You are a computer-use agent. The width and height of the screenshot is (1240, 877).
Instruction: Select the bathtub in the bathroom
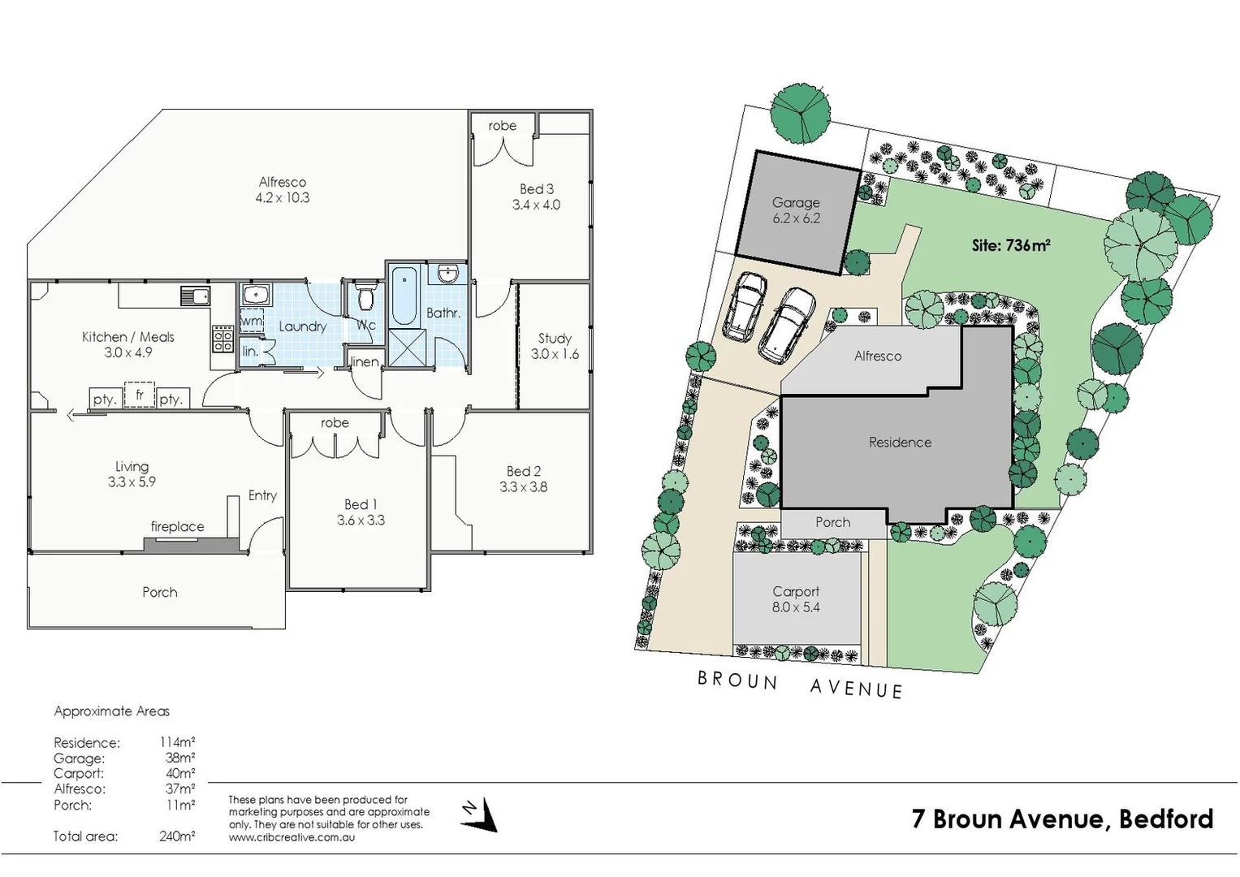402,296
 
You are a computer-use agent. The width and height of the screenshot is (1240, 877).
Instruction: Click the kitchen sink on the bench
195,296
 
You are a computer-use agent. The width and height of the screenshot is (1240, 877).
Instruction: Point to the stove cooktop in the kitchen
223,338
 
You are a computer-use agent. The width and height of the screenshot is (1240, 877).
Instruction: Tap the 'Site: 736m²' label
1011,244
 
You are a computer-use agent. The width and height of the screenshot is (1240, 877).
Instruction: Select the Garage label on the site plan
796,203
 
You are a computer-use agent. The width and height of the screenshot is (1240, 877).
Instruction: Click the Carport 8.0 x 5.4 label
796,599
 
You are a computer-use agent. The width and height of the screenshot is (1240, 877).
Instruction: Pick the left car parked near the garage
745,305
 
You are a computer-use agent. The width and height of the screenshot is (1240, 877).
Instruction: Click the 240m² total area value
177,836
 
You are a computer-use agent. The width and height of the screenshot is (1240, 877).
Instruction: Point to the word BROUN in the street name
737,680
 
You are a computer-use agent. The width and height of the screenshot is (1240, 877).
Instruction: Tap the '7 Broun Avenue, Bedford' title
1062,819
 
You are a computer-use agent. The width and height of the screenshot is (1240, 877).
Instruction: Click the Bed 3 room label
536,189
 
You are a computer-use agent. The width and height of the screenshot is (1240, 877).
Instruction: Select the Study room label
555,339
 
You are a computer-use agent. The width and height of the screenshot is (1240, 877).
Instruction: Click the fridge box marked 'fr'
140,395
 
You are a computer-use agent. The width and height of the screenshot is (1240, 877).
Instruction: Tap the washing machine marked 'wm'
252,321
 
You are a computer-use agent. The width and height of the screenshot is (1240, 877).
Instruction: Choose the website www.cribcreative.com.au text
292,837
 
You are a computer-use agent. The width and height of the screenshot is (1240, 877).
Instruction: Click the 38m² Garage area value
180,758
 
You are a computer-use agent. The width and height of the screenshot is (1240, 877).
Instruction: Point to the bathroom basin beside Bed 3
447,274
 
